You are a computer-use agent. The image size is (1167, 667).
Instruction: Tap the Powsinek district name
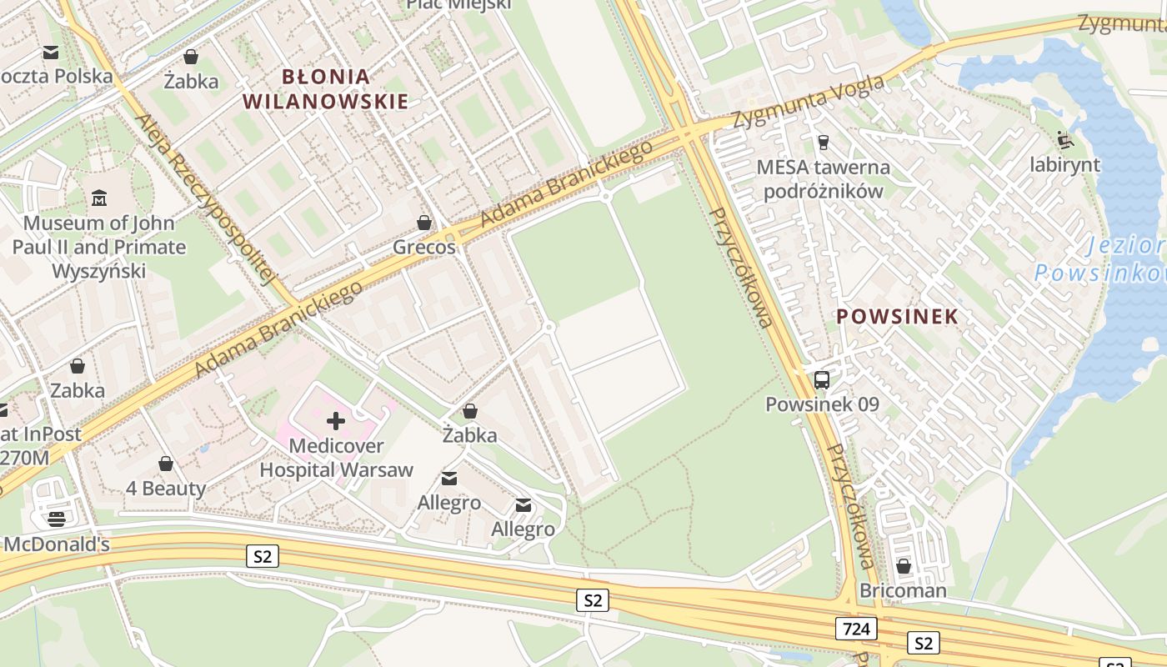pos(897,317)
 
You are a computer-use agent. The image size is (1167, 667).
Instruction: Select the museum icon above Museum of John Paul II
pos(100,198)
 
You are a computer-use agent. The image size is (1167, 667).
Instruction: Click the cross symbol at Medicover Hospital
pos(336,421)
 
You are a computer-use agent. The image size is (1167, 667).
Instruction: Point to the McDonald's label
pos(57,544)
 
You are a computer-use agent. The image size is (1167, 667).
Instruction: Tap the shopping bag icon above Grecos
pos(424,223)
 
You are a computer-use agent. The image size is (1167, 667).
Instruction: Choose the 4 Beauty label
pos(166,488)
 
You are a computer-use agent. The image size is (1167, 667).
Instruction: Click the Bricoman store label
pos(903,591)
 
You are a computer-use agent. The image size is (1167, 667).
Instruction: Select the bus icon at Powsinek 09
pos(822,380)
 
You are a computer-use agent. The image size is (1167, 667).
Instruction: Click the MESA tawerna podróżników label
pos(823,178)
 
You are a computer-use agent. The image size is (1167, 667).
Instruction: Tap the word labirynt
pos(1064,164)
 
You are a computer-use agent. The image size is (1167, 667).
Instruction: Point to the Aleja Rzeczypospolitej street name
pos(205,199)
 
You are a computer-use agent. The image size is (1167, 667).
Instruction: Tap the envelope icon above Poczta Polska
pos(51,53)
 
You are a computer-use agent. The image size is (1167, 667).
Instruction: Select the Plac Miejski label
pos(458,5)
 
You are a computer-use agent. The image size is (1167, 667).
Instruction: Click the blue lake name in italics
pos(1100,259)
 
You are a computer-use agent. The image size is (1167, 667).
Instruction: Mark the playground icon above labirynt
pos(1064,139)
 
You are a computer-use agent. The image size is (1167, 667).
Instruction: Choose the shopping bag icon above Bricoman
pos(903,567)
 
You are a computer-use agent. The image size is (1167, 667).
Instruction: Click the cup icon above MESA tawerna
pos(824,143)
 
